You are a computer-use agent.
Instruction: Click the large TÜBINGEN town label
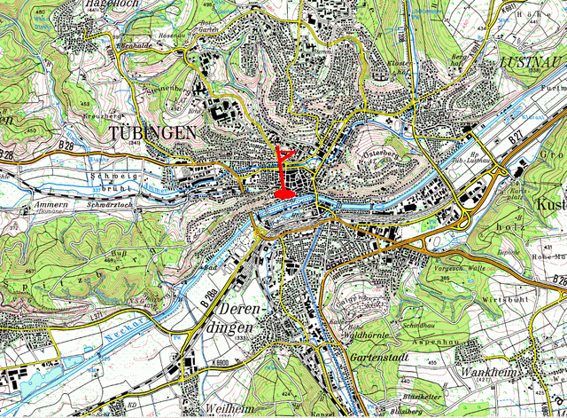[x=153, y=132]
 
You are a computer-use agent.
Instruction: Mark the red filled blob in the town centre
[x=285, y=191]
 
